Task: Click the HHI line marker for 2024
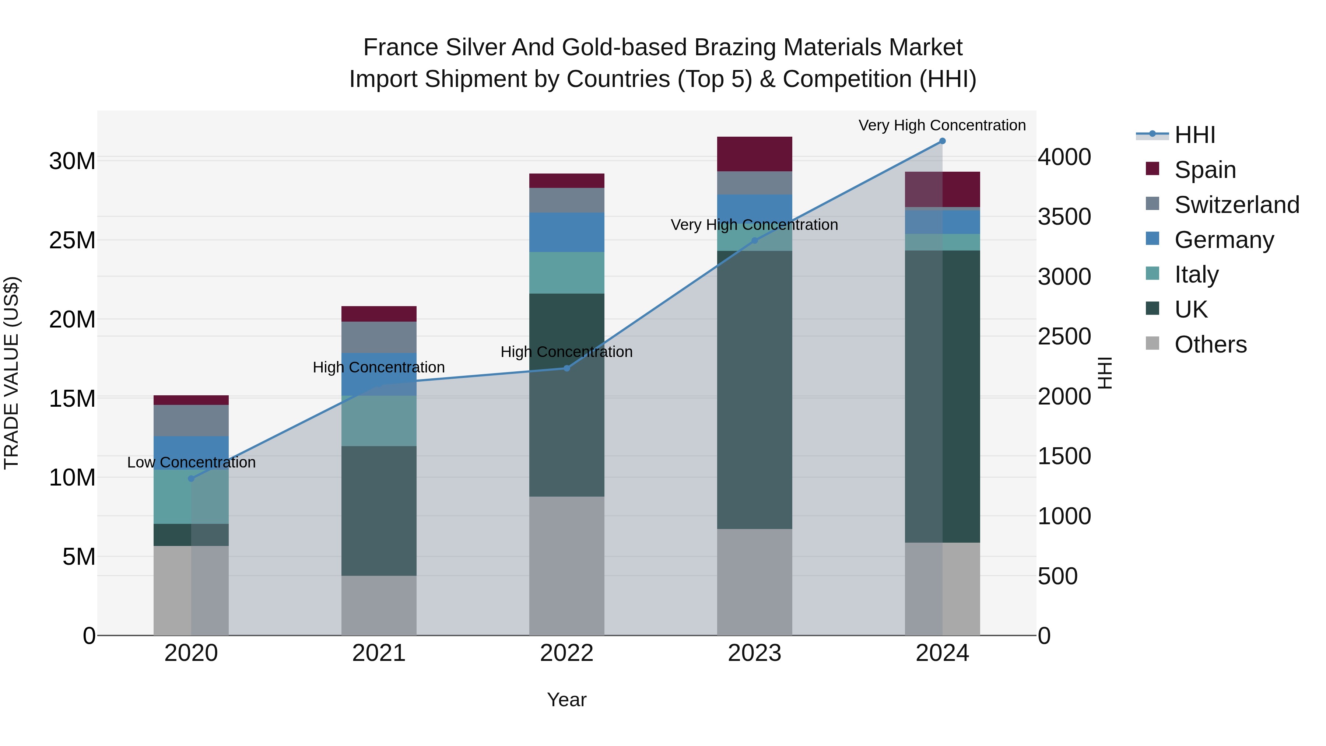coord(942,141)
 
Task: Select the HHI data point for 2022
coord(567,368)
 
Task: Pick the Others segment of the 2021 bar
coord(379,605)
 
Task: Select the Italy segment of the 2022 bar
coord(567,273)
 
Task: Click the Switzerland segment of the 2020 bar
coord(191,421)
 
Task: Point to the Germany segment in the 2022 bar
coord(567,232)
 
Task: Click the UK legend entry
coord(1190,309)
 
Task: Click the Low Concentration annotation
coord(191,462)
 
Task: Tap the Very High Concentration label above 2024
coord(941,125)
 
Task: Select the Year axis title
coord(567,700)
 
